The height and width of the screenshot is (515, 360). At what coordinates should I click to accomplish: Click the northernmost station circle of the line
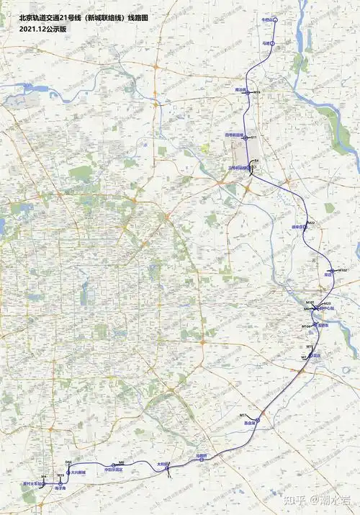274,20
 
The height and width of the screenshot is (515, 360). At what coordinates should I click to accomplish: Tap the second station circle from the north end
273,44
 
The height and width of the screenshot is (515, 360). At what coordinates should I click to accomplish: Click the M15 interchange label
256,92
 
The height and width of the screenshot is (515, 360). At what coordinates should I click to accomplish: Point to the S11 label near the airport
253,137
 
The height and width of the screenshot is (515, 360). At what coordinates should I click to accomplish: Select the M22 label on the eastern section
311,223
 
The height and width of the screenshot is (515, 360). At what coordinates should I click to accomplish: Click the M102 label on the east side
343,269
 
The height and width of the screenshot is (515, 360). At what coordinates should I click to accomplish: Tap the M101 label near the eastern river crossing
310,302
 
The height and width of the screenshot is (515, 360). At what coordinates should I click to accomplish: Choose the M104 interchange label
305,326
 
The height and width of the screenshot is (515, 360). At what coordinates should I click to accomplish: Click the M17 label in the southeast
310,347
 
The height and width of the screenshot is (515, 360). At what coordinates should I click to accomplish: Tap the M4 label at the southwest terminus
44,477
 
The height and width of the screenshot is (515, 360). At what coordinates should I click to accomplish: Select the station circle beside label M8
114,465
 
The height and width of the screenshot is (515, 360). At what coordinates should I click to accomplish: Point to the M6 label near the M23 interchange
306,309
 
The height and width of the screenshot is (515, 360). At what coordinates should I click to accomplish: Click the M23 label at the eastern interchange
327,303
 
